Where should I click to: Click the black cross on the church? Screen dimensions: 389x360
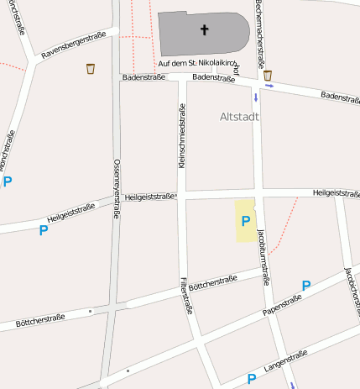pyautogui.click(x=204, y=31)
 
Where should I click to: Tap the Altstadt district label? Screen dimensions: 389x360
pyautogui.click(x=239, y=117)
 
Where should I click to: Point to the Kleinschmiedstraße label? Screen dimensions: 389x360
pyautogui.click(x=180, y=136)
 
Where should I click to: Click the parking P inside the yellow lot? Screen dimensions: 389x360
pyautogui.click(x=246, y=221)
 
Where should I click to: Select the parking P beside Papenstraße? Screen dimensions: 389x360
pyautogui.click(x=306, y=286)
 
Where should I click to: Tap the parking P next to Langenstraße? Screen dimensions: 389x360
pyautogui.click(x=251, y=379)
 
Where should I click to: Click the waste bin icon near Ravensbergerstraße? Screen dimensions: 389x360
pyautogui.click(x=91, y=69)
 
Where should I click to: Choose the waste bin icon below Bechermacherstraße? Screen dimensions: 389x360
pyautogui.click(x=268, y=76)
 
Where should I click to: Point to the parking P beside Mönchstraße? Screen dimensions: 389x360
pyautogui.click(x=8, y=181)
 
